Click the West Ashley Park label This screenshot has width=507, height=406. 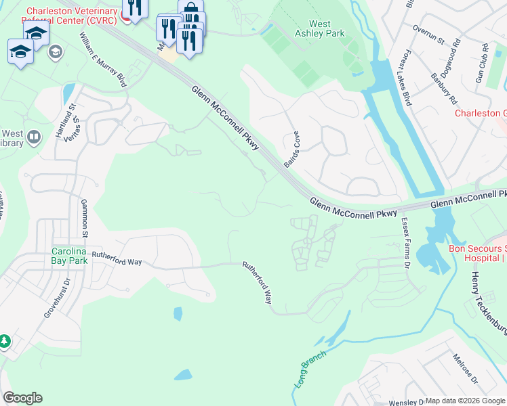pos(319,28)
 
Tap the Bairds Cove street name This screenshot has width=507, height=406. pos(292,150)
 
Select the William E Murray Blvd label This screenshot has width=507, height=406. pos(103,60)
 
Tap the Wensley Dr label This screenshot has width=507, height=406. pos(403,401)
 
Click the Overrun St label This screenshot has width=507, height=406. pos(428,35)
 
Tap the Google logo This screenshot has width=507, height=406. pos(22,398)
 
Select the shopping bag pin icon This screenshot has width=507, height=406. pos(191,9)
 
